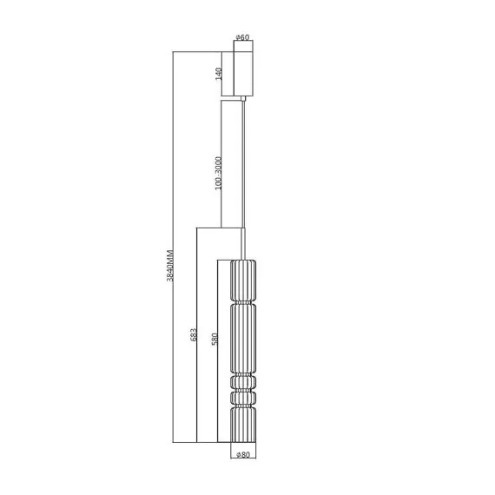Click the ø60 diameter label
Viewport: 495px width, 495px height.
(243, 37)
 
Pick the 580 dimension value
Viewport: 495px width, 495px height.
(214, 339)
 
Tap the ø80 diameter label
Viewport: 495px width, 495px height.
(243, 455)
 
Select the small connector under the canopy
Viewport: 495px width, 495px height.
(243, 100)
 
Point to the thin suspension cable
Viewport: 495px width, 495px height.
(243, 165)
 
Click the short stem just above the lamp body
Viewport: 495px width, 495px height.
(243, 242)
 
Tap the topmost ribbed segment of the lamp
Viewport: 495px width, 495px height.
(243, 279)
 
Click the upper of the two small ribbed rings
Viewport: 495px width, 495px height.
(243, 382)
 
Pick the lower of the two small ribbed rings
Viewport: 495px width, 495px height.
(243, 399)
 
